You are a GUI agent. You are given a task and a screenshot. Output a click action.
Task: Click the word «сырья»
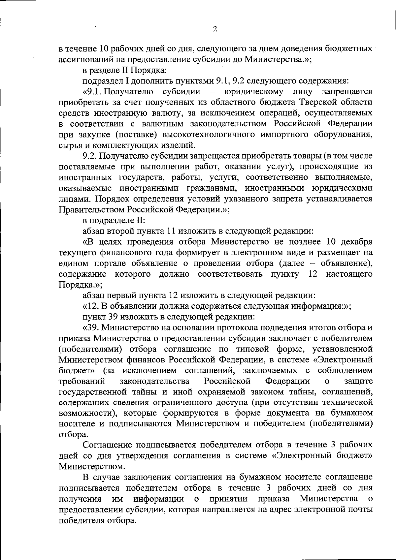click(69, 145)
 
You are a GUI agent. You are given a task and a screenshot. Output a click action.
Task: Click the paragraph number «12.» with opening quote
click(89, 306)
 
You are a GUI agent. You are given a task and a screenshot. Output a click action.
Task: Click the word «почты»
click(360, 510)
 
